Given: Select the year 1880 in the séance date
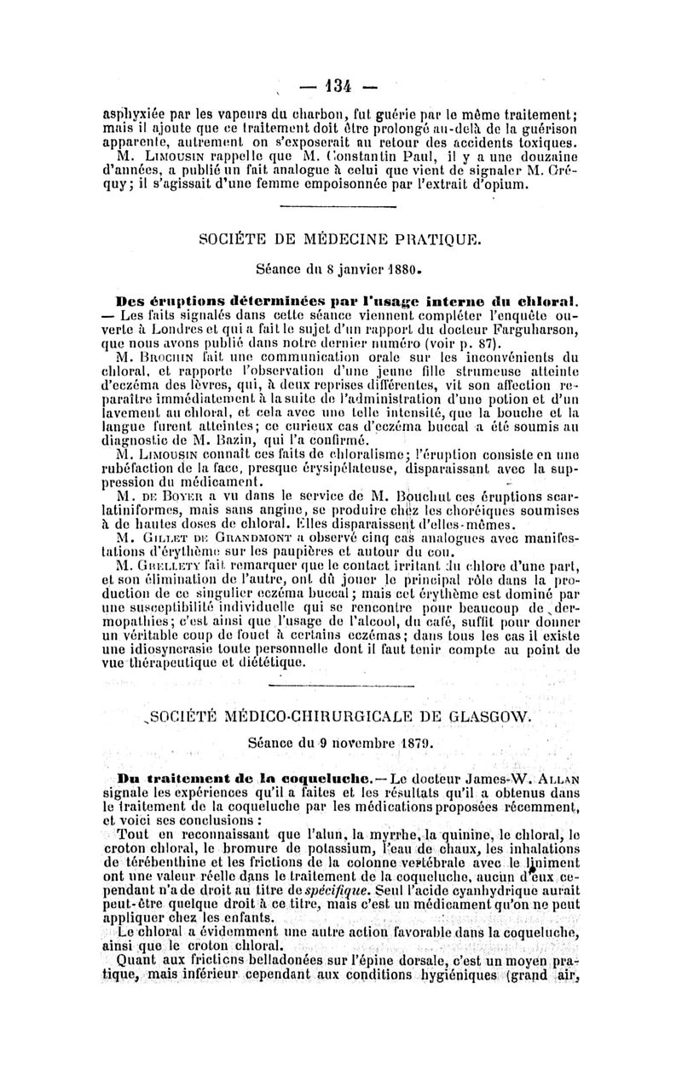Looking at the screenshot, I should [402, 269].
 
